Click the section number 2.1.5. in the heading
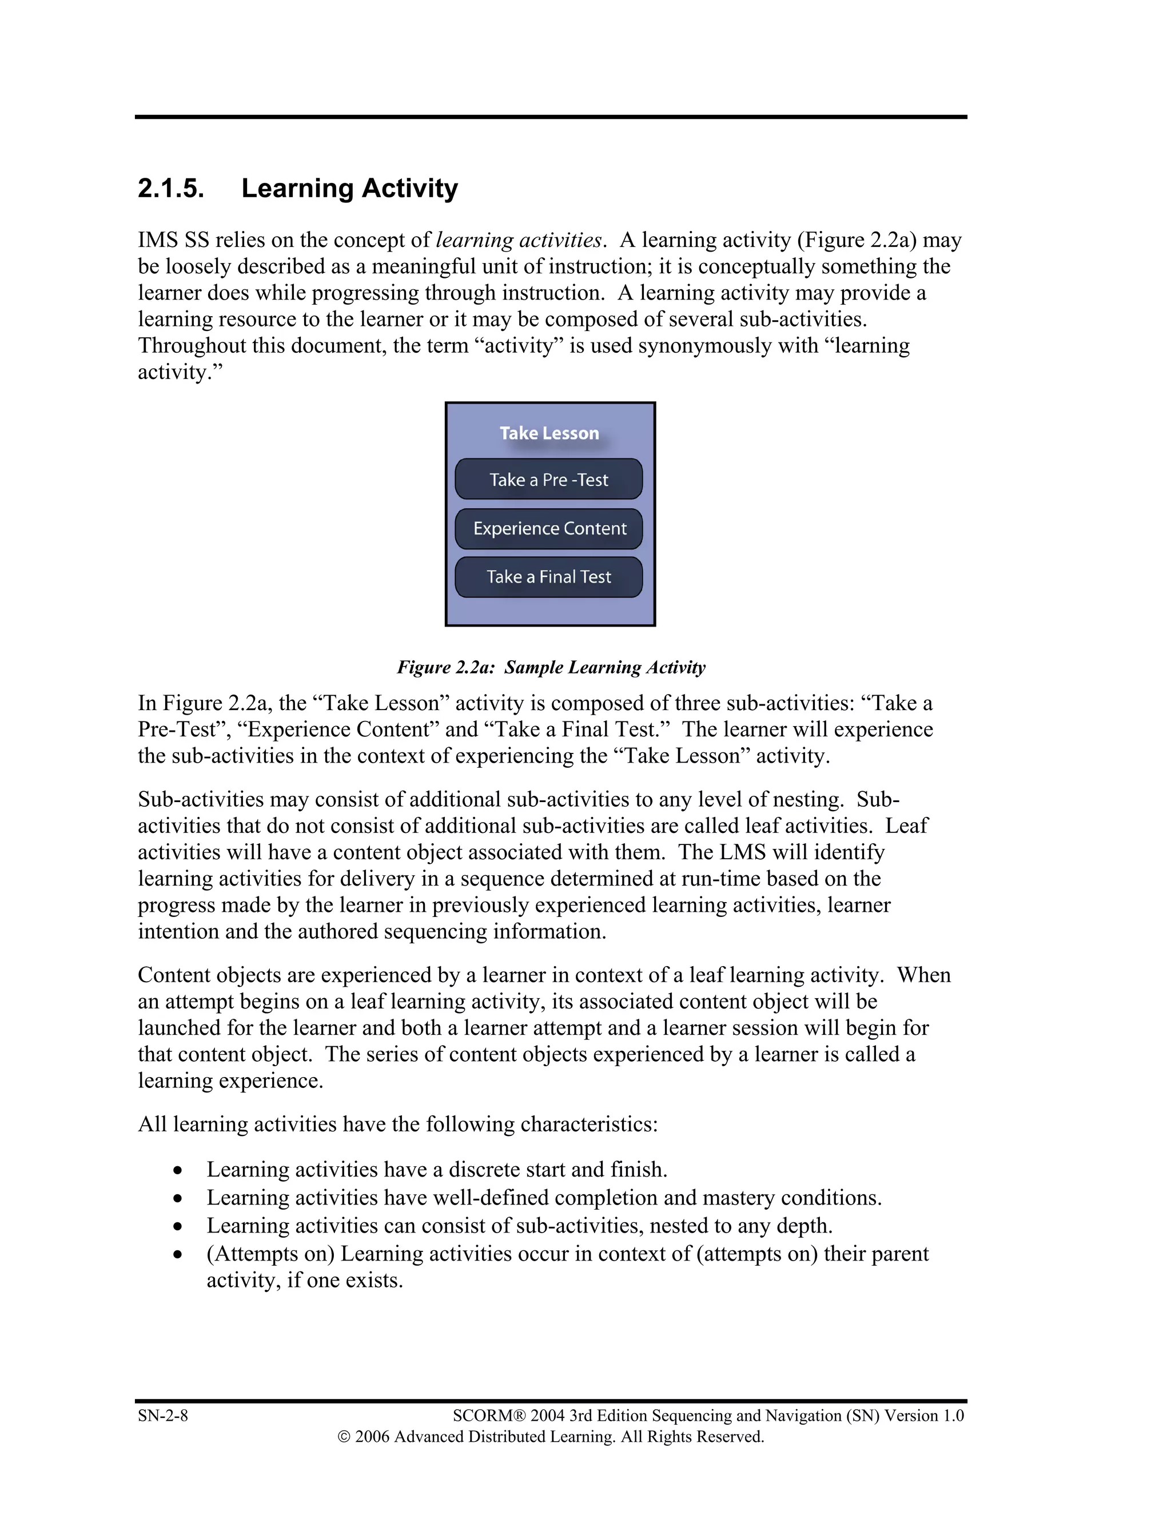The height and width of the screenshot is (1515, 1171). point(170,189)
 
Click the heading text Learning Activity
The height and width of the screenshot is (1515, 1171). point(349,189)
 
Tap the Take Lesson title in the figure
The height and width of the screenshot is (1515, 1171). point(549,433)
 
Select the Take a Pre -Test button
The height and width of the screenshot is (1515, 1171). point(549,479)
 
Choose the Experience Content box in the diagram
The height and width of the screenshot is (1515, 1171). point(549,529)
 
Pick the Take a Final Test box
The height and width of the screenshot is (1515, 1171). point(549,577)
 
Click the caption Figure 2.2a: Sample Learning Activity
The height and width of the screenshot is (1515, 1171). point(551,667)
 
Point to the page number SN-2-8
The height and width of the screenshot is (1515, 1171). point(162,1415)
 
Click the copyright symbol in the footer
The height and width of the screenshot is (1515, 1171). point(344,1437)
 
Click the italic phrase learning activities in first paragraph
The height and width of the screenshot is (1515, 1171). point(518,240)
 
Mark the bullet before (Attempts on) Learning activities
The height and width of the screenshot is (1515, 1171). point(178,1255)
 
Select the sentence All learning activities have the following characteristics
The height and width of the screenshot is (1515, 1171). point(397,1125)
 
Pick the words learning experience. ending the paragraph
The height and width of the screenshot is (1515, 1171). point(230,1081)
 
